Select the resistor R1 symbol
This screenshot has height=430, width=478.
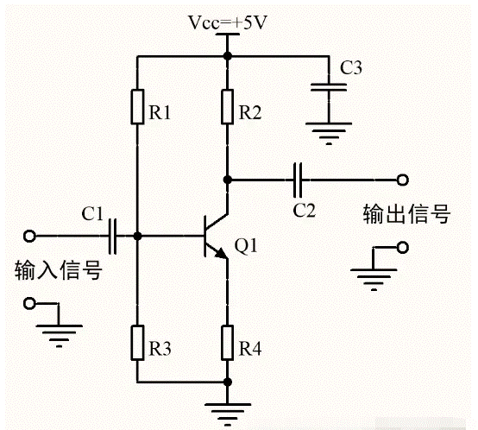[x=137, y=107]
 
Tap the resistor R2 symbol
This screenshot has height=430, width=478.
[x=227, y=107]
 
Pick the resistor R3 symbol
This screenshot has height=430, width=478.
[x=137, y=344]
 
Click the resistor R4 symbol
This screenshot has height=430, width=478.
[x=227, y=344]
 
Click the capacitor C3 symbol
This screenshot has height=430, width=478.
[x=326, y=88]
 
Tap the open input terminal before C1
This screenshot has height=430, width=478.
[x=30, y=235]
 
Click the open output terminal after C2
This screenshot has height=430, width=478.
[x=401, y=180]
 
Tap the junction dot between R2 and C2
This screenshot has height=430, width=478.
[x=227, y=180]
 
